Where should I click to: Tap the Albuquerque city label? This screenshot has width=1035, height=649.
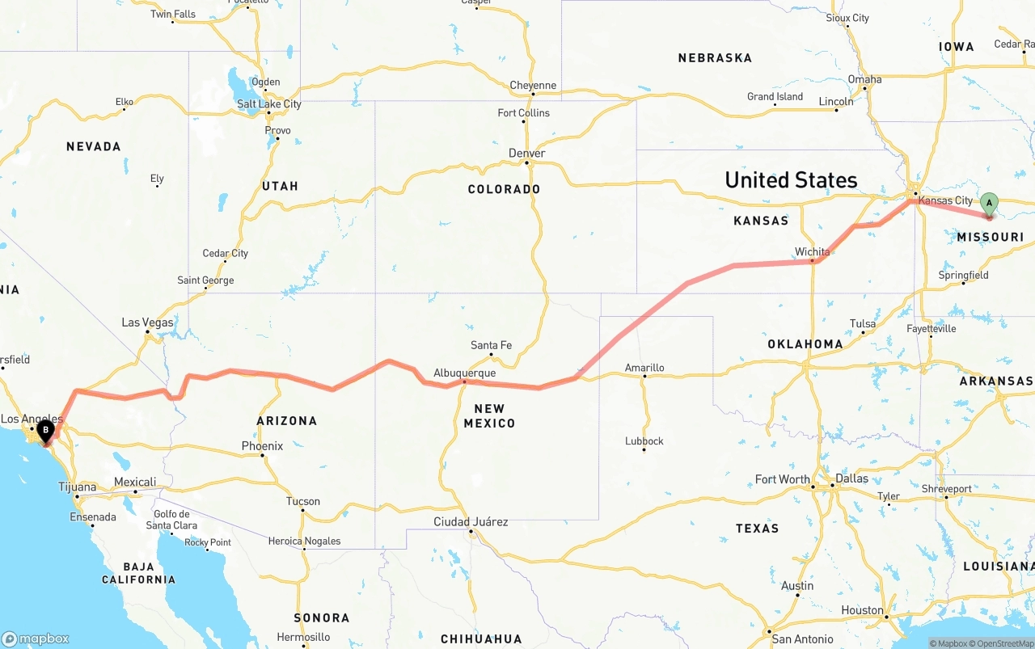point(464,373)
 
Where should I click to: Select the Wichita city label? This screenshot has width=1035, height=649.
point(812,251)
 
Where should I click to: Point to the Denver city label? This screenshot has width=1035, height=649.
point(526,153)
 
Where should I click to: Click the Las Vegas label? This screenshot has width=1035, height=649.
point(147,322)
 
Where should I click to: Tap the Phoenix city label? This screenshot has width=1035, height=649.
point(262,445)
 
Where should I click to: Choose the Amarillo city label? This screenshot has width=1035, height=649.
point(644,368)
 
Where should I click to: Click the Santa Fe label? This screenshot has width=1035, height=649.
point(491,345)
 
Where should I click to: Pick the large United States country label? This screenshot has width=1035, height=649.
point(791,179)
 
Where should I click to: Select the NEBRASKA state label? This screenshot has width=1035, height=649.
point(715,57)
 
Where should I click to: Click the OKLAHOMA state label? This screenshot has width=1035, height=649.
point(805,343)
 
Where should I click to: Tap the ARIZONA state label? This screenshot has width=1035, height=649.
point(287,420)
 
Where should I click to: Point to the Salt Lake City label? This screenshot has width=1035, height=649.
point(268,103)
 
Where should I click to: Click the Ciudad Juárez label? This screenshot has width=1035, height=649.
point(471,521)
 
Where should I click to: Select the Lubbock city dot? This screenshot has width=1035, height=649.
point(644,450)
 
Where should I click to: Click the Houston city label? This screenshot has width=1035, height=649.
point(862,609)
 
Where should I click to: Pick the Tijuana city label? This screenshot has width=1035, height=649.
point(77,487)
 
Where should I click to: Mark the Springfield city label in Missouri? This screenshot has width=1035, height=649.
point(963,275)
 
